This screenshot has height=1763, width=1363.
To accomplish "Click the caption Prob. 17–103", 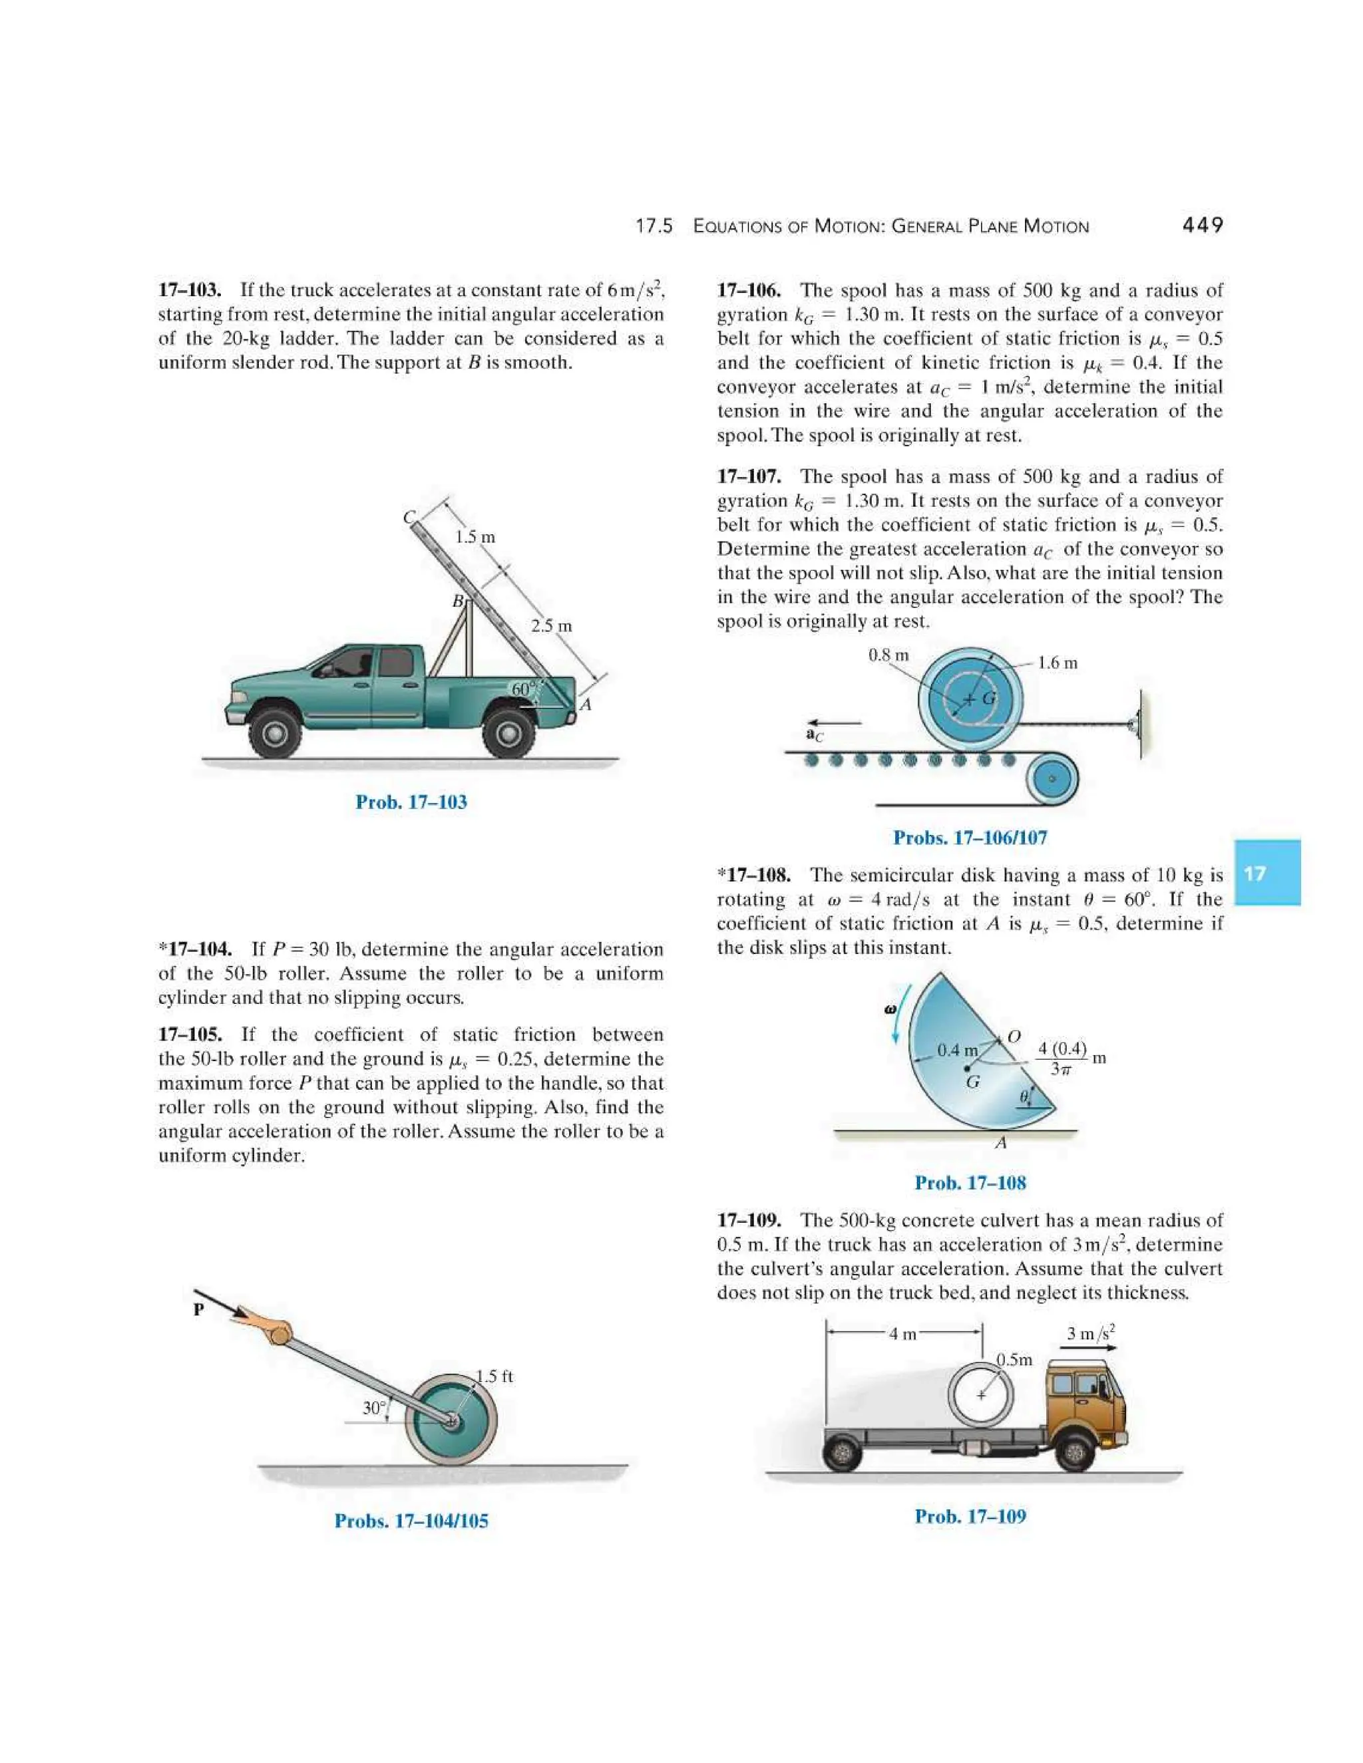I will [x=411, y=802].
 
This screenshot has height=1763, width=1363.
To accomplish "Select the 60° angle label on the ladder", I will [x=523, y=689].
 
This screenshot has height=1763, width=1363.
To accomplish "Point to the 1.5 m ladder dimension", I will [x=474, y=537].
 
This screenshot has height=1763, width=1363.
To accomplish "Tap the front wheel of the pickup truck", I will [x=276, y=733].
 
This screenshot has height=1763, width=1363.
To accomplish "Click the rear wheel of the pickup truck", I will [x=508, y=732].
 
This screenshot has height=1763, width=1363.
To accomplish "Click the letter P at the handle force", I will [x=198, y=1309].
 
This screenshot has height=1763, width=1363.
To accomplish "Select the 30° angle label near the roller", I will [x=374, y=1407].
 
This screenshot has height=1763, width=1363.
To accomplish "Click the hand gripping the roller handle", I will [x=266, y=1328].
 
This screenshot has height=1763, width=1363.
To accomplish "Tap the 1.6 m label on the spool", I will [x=1057, y=663].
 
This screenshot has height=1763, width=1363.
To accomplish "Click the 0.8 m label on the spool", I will [x=888, y=655].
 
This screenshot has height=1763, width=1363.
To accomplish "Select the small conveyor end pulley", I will [x=1052, y=779].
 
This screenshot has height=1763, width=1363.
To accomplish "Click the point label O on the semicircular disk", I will [x=1014, y=1037].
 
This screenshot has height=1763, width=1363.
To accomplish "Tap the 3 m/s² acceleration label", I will [x=1090, y=1333].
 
